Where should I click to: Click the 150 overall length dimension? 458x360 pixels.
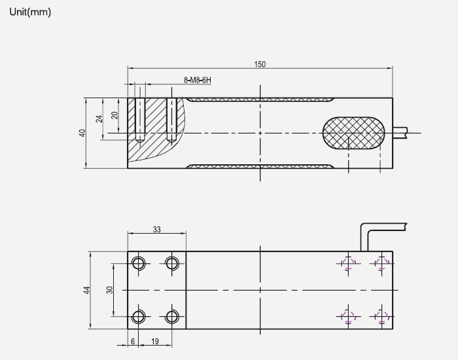tap(260, 64)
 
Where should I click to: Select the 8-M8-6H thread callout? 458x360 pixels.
tap(198, 80)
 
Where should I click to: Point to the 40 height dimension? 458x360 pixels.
tap(82, 132)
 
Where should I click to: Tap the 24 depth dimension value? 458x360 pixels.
tap(99, 118)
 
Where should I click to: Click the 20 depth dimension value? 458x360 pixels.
tap(114, 115)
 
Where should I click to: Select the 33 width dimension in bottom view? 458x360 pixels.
tap(157, 230)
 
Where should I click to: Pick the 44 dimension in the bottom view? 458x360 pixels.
tap(86, 290)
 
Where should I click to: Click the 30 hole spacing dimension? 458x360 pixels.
tap(110, 290)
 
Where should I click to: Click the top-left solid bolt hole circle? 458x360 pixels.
tap(139, 263)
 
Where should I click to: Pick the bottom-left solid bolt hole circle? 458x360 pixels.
tap(139, 317)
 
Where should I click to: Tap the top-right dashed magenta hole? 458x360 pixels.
tap(381, 263)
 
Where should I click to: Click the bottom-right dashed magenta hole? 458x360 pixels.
tap(381, 317)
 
